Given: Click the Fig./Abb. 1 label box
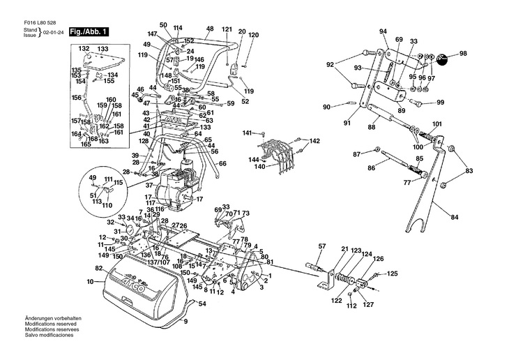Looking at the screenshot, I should pos(89,32).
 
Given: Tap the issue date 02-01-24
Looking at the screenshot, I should pos(53,33).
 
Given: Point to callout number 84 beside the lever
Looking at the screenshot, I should pos(455,218).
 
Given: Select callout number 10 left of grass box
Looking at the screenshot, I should pos(89,282).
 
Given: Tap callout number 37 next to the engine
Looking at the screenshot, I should pos(149,185).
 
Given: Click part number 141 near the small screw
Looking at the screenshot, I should pos(247,133).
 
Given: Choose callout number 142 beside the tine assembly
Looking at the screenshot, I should pos(314,141).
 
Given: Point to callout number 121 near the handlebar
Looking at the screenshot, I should pos(227,29).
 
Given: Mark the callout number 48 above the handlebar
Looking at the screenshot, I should pos(209,29).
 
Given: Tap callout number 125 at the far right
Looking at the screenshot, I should pos(393,273).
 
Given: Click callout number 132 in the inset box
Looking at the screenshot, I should pos(84,48).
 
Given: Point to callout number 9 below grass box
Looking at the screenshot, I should pos(185,322).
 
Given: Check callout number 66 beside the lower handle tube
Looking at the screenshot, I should pos(222,164).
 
